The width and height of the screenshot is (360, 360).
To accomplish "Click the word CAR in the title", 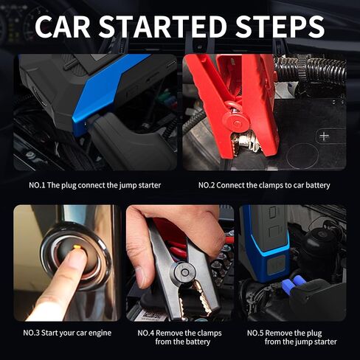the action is (x=63, y=27).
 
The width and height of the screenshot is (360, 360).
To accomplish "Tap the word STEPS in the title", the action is (x=280, y=27).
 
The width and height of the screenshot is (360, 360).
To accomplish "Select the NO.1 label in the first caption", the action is (x=37, y=185).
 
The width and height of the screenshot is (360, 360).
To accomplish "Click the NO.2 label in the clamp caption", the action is (x=207, y=185).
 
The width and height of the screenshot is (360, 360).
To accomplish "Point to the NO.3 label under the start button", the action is (x=31, y=333).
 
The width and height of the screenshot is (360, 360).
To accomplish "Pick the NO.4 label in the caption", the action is (x=146, y=333).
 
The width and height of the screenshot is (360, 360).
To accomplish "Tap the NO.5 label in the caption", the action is (x=255, y=333).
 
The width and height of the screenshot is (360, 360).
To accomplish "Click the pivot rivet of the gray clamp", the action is (x=184, y=272).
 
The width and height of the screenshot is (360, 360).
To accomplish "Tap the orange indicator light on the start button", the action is (x=77, y=246).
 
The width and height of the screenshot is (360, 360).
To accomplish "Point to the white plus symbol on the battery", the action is (x=324, y=136).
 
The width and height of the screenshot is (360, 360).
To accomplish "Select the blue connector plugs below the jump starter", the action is (x=294, y=283).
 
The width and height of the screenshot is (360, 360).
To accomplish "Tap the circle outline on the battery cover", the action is (x=302, y=156).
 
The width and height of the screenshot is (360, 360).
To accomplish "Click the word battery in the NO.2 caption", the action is (x=318, y=185).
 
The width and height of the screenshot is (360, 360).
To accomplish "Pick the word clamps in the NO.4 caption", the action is (x=210, y=333).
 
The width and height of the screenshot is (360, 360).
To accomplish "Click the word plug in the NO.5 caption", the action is (x=313, y=333).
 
